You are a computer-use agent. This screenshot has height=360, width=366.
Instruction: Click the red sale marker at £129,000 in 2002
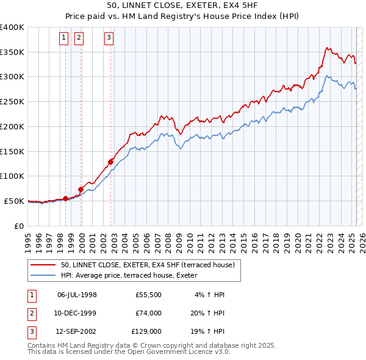[110, 162]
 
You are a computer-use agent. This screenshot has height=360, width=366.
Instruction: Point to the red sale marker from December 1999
[81, 189]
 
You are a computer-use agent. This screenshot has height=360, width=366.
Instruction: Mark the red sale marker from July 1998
[65, 198]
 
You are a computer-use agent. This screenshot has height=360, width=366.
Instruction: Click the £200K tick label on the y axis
[12, 126]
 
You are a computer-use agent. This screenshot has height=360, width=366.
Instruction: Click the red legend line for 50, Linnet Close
[43, 265]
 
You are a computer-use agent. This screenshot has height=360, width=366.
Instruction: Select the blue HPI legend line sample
[43, 275]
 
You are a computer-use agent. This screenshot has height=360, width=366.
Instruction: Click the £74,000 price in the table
[149, 313]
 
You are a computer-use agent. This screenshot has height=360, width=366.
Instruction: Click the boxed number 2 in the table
[31, 313]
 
